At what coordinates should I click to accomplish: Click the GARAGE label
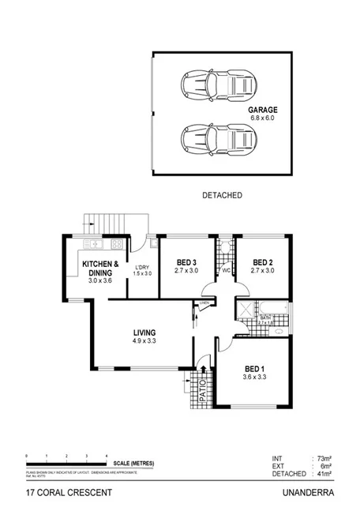[264, 111]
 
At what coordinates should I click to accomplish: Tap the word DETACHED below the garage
[221, 194]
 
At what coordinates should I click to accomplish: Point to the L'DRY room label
[142, 268]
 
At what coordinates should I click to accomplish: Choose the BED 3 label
[186, 263]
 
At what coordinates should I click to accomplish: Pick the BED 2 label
[262, 263]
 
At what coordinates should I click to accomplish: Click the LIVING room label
[144, 332]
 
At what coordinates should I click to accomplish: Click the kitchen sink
[92, 245]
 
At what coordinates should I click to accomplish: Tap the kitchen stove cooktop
[117, 245]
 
